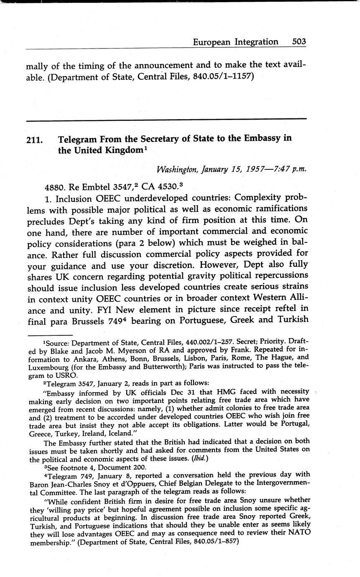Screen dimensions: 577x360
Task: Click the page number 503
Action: pos(299,42)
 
